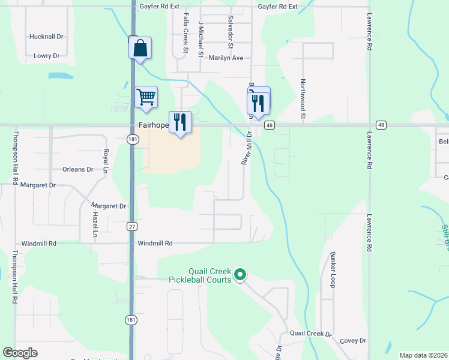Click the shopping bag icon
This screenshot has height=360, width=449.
(140, 49)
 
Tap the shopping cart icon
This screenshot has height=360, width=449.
(146, 97)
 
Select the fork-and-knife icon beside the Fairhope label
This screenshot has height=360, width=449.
(180, 122)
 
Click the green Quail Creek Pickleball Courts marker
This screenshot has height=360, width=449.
(240, 275)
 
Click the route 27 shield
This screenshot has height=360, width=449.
(131, 226)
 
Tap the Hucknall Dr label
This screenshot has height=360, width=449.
(46, 37)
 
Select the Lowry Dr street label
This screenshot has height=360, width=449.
(46, 56)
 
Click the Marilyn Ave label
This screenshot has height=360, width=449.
(226, 58)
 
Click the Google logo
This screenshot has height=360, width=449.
(20, 353)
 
